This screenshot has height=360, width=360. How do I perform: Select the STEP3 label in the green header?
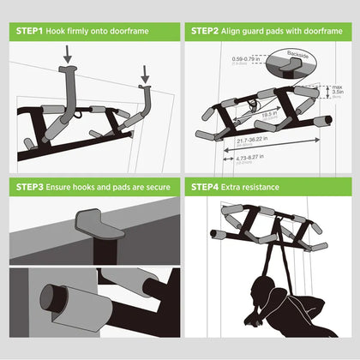33,186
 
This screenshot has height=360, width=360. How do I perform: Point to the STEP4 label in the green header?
207,186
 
